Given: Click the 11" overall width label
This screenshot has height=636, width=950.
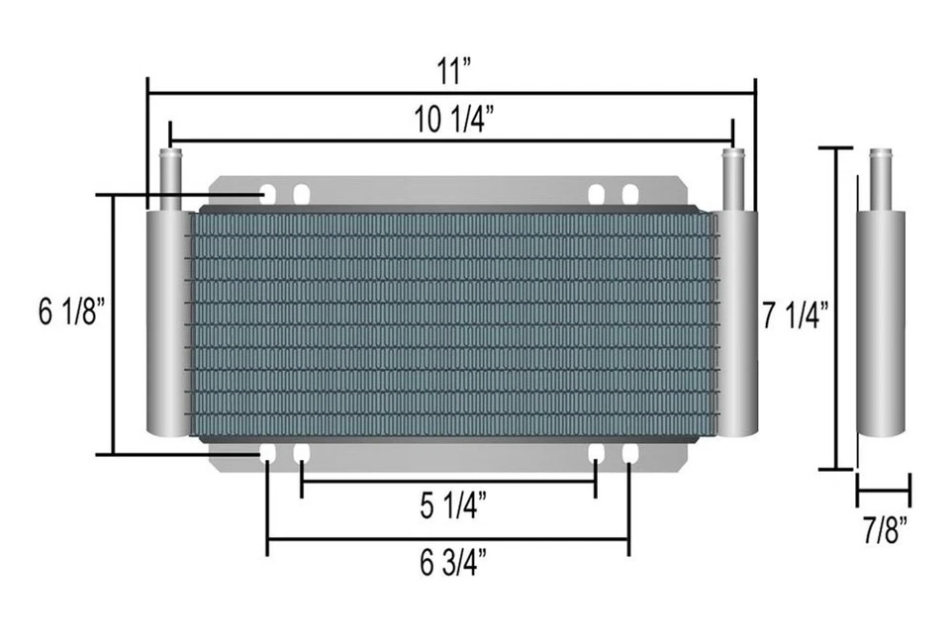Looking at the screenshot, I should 451,71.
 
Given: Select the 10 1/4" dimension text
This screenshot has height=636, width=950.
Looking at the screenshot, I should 452,120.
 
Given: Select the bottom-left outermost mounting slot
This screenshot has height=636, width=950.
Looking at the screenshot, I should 268,454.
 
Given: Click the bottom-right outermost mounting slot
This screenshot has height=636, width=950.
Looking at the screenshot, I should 629,454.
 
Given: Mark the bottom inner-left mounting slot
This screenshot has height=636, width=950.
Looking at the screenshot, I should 301,454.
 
